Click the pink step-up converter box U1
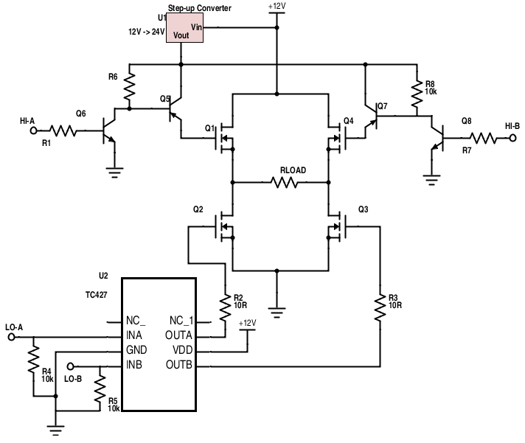[x=184, y=28]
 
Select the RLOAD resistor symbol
[x=285, y=182]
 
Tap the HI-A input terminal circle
[x=33, y=130]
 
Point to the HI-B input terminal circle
[x=513, y=138]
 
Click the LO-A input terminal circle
[x=11, y=337]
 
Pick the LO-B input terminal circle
[x=70, y=366]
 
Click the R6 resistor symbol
[x=130, y=87]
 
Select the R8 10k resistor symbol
[x=417, y=94]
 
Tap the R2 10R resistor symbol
[x=226, y=306]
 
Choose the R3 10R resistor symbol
[x=380, y=308]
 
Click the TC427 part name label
[x=97, y=295]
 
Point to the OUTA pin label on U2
[x=178, y=335]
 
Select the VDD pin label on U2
[x=182, y=350]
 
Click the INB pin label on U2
[x=134, y=364]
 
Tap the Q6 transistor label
[x=80, y=114]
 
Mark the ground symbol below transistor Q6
[x=114, y=172]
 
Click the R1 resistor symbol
[x=63, y=130]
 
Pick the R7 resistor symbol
[x=483, y=138]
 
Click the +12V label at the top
[x=277, y=7]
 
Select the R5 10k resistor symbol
[x=100, y=388]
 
